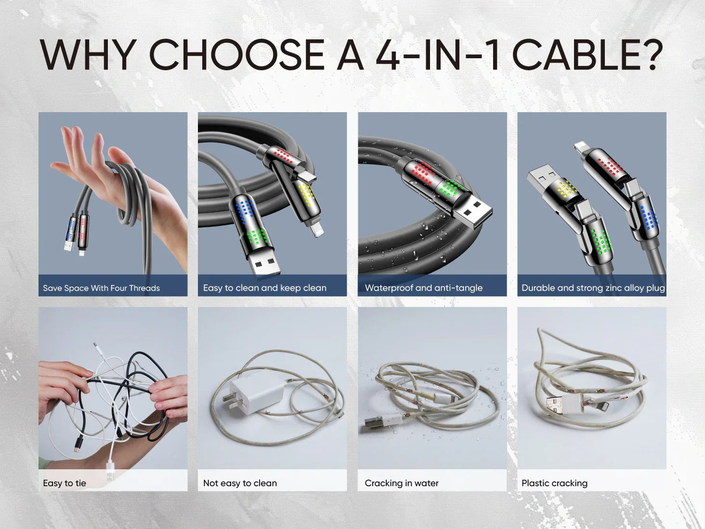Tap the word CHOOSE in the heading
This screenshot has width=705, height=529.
pyautogui.click(x=236, y=54)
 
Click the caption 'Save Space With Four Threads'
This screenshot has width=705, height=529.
pyautogui.click(x=101, y=288)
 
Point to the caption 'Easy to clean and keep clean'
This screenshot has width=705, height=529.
pyautogui.click(x=265, y=288)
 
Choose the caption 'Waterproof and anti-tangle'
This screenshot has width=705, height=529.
pyautogui.click(x=424, y=288)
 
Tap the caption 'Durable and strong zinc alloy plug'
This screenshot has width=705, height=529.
pyautogui.click(x=593, y=288)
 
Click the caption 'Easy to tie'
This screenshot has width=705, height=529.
pyautogui.click(x=65, y=483)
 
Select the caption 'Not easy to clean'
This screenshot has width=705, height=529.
pyautogui.click(x=240, y=483)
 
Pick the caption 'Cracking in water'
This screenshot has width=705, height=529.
pyautogui.click(x=402, y=483)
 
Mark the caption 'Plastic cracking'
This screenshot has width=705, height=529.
pyautogui.click(x=554, y=483)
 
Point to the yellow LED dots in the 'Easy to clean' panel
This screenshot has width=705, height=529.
pyautogui.click(x=307, y=194)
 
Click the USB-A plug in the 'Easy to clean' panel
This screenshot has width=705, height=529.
pyautogui.click(x=263, y=261)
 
